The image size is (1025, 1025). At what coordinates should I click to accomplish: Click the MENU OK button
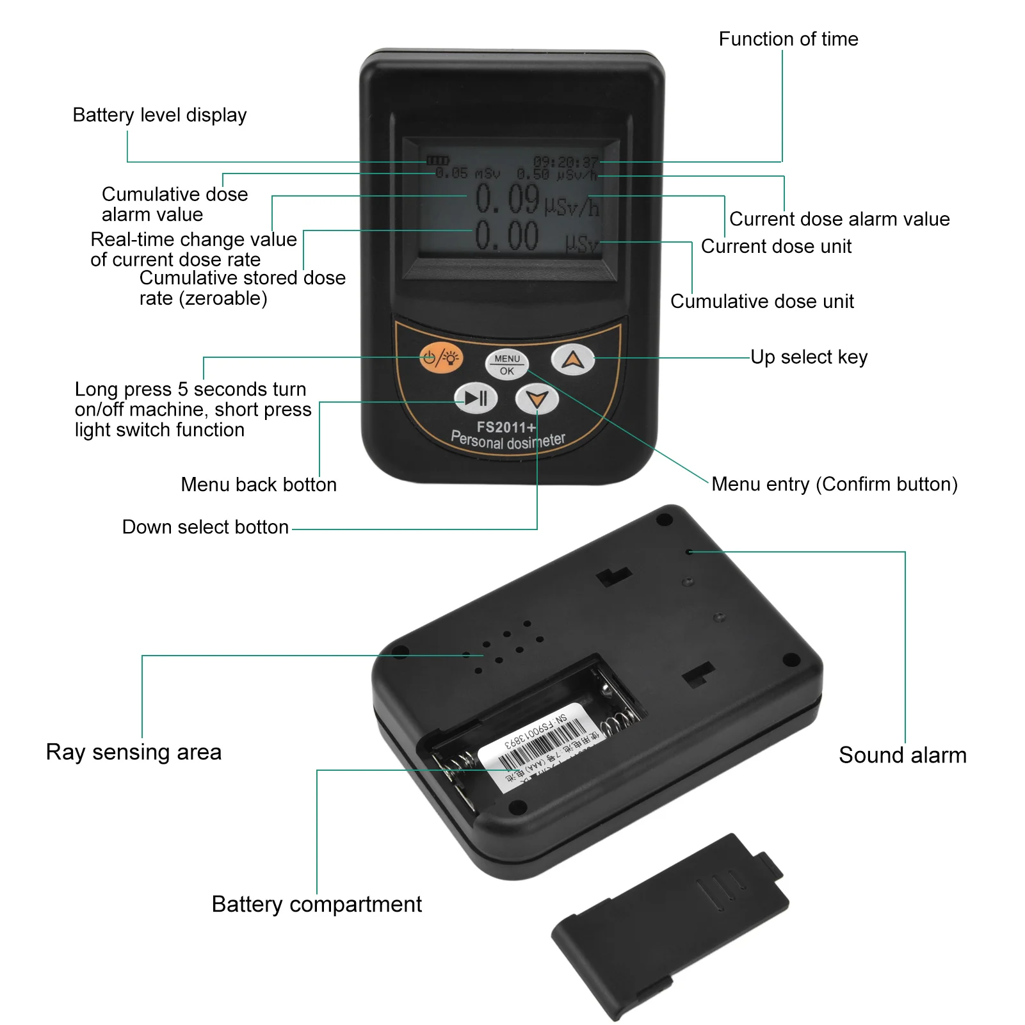coord(506,364)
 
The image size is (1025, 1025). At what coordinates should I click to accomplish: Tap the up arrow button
coord(573,359)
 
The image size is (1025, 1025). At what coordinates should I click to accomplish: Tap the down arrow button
coord(537,400)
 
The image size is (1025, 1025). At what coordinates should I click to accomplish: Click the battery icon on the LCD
coord(438,161)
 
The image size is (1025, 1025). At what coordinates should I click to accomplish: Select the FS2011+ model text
coord(505,427)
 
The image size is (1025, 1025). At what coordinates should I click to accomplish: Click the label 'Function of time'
coord(788,39)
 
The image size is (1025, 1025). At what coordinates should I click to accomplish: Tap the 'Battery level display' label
coord(159,115)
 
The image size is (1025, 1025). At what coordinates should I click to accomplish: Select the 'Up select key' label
coord(809,357)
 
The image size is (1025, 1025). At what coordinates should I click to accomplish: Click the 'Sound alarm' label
coord(902,755)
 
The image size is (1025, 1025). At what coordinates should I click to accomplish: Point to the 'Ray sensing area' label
coord(134,752)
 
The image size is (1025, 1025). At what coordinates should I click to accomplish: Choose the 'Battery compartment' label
coord(316,904)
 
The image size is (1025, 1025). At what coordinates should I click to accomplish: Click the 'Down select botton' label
coord(206,527)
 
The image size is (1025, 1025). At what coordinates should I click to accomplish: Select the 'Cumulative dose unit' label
coord(762,302)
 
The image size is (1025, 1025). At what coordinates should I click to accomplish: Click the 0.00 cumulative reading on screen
coord(507,236)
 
